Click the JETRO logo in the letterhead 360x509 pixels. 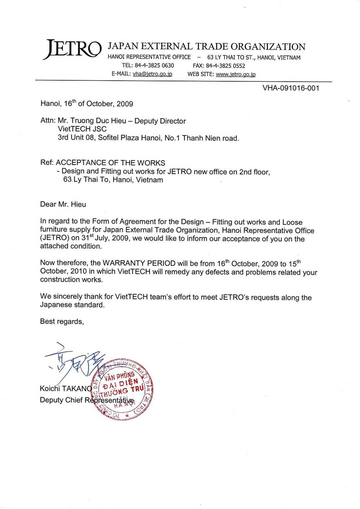72,49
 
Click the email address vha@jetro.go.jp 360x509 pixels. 152,74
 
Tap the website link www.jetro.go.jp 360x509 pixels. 235,74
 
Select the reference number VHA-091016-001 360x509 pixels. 291,88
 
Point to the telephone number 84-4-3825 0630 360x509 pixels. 154,66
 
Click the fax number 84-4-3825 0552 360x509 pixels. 225,66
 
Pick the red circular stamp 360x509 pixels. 122,389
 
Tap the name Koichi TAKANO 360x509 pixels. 66,389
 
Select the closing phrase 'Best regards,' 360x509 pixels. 62,321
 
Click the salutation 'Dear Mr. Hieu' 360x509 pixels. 63,204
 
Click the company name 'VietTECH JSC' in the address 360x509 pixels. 82,129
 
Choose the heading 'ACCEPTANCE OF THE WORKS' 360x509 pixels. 110,163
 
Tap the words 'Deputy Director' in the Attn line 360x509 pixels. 160,121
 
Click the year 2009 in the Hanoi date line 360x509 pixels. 125,104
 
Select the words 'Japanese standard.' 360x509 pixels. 72,305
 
